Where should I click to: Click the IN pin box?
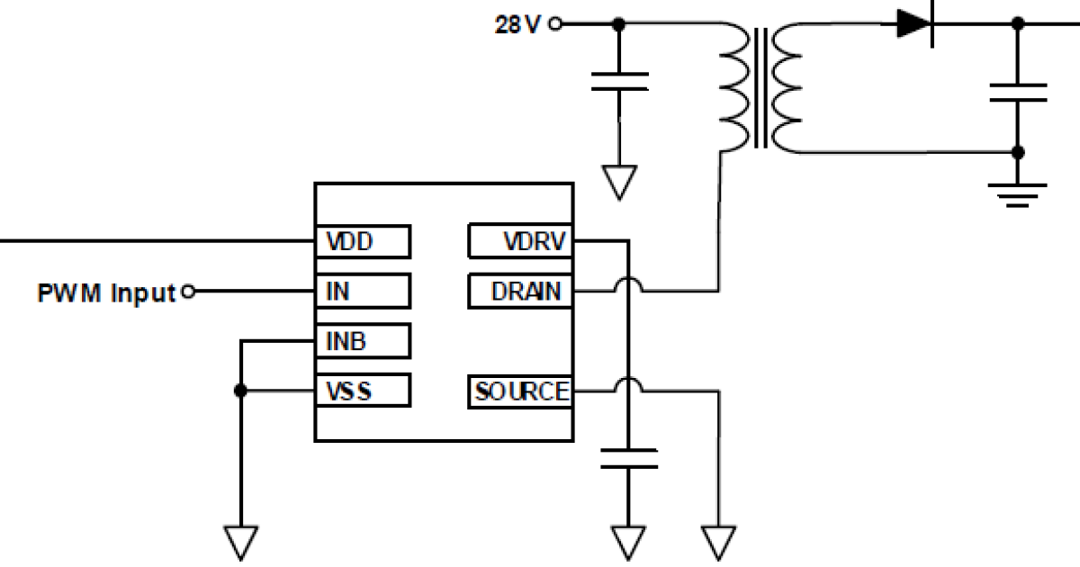pos(362,291)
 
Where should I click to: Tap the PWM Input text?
pos(105,292)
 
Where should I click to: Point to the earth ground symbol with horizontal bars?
pos(1017,193)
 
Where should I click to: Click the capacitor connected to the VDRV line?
pos(628,456)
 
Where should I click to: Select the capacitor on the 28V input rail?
pos(619,82)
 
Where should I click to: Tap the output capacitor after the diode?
pos(1017,93)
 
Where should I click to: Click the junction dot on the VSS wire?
pos(240,391)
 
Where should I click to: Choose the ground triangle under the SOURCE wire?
pos(719,543)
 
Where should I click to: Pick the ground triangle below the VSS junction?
pos(240,543)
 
